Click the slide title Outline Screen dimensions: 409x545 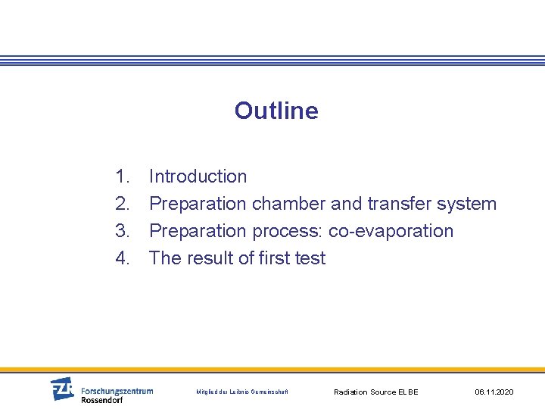click(x=276, y=111)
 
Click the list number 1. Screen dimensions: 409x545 click(x=123, y=176)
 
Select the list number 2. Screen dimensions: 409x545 click(x=123, y=204)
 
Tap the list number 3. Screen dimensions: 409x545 click(x=123, y=231)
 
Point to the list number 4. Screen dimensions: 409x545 click(x=123, y=258)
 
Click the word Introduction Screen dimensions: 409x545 click(x=198, y=176)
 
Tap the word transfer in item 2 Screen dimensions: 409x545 click(x=399, y=204)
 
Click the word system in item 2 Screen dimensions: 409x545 click(x=466, y=204)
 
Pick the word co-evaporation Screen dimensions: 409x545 click(x=391, y=231)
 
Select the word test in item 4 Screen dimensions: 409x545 click(x=310, y=258)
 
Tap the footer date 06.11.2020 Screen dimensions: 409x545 click(x=494, y=392)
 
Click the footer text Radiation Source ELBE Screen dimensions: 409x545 click(x=375, y=392)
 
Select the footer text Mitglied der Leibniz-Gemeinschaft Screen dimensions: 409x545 click(x=241, y=392)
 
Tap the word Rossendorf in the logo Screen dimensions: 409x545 click(x=101, y=400)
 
